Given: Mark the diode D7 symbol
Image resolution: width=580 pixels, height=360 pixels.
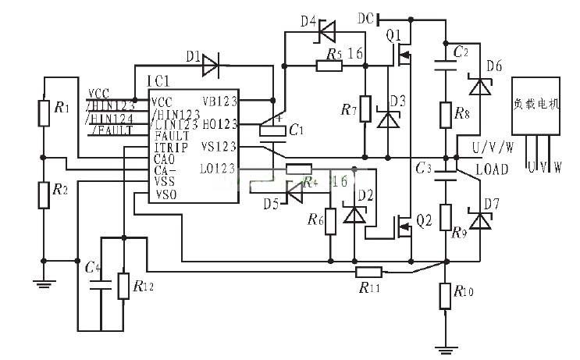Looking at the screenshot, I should pyautogui.click(x=478, y=223).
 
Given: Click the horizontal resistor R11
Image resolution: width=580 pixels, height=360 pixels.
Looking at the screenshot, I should pyautogui.click(x=367, y=272).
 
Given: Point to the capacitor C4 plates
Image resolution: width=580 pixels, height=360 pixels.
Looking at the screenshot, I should pyautogui.click(x=100, y=287).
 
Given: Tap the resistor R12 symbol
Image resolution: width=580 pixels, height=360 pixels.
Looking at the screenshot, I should pyautogui.click(x=123, y=286).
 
